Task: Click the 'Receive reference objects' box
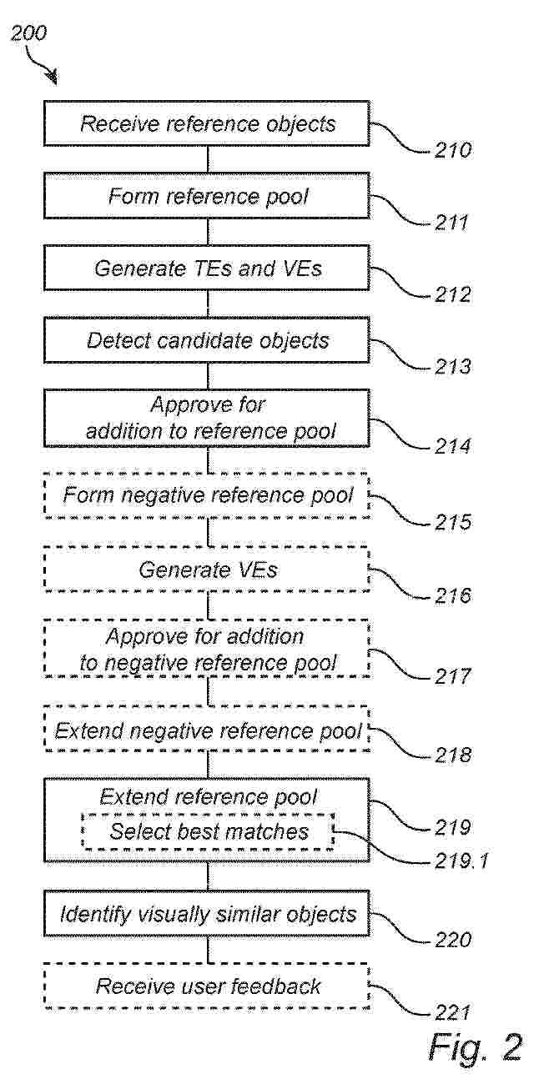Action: (x=207, y=123)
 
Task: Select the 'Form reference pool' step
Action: (x=207, y=196)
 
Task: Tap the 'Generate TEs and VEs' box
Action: (x=207, y=268)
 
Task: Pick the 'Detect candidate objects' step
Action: (x=207, y=340)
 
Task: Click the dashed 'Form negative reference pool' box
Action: (x=207, y=495)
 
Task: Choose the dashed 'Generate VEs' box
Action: (x=207, y=570)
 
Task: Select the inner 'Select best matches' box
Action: (x=209, y=831)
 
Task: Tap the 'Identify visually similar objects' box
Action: (x=207, y=914)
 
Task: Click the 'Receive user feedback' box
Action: (x=207, y=986)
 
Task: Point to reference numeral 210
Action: (x=452, y=150)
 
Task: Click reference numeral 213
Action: (x=452, y=367)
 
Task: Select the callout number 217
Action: (x=452, y=676)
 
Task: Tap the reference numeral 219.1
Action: (x=461, y=861)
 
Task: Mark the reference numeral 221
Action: (x=452, y=1012)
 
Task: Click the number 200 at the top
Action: (x=29, y=33)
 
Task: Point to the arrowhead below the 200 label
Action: (x=52, y=78)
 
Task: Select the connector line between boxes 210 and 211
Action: (x=208, y=159)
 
